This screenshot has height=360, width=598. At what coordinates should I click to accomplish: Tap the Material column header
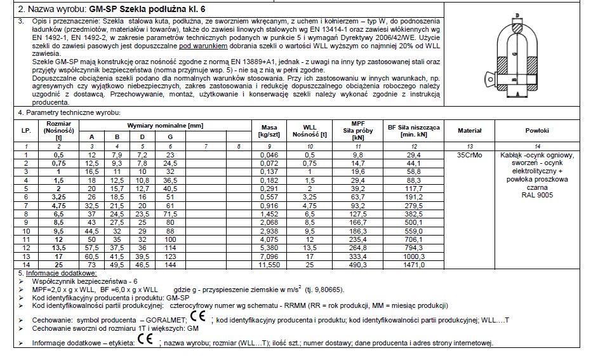470,130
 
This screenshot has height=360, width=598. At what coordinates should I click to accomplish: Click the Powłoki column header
537,130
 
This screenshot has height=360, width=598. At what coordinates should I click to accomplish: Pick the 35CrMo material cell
470,155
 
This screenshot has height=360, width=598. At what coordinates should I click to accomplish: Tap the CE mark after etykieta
145,342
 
